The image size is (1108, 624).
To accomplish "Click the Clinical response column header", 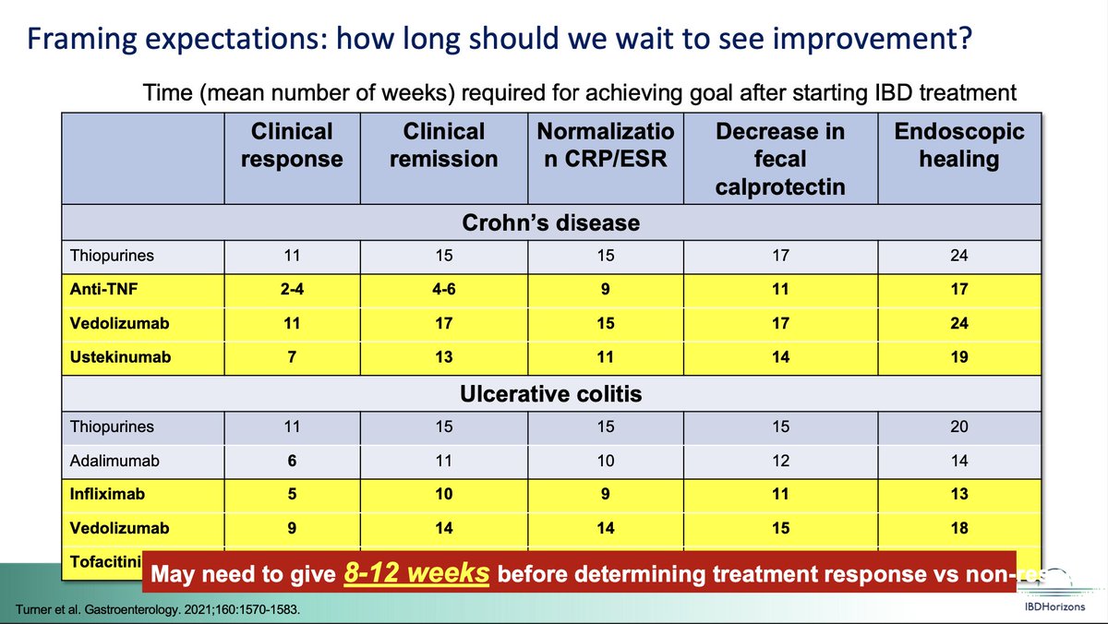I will coord(292,145).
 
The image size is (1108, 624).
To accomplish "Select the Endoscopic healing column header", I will coord(959,145).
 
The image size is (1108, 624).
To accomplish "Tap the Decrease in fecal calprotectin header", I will coord(780,159).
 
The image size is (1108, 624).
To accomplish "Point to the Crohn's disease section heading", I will coord(551,223).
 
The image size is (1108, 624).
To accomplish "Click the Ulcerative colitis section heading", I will coord(551,394).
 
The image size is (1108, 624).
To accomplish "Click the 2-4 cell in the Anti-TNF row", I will coord(292,289).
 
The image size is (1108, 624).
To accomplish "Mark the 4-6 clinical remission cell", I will coord(443,289).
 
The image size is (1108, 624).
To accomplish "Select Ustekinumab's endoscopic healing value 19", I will coord(959,356).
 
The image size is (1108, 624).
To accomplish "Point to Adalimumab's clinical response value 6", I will coord(292,461).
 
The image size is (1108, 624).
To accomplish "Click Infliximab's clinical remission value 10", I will coord(443,494).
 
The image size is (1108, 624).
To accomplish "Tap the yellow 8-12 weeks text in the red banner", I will coord(416,572).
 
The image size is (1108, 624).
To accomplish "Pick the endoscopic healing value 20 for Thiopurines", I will coord(959,427).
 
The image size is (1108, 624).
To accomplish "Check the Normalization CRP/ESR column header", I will coord(606,145).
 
